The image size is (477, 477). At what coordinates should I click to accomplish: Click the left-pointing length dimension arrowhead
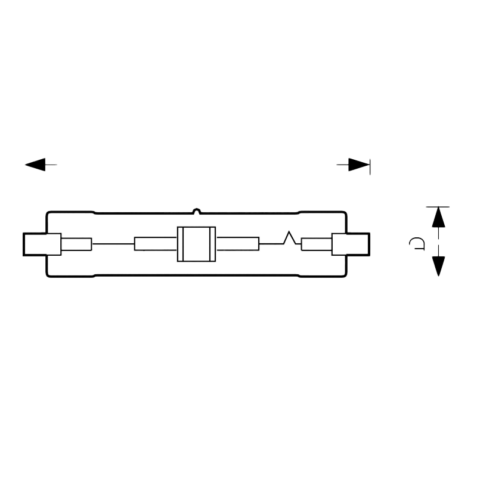point(35,165)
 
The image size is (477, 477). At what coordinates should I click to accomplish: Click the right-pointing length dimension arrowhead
point(359,165)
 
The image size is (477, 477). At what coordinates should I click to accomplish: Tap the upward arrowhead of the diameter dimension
point(438,217)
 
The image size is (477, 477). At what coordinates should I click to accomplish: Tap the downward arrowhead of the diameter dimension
point(438,266)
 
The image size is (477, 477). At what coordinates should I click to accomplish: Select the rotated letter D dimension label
point(417,243)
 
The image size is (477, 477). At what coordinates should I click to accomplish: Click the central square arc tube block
point(197,244)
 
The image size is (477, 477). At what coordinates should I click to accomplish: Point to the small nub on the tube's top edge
point(197,210)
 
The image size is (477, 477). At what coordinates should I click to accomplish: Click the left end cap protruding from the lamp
point(42,244)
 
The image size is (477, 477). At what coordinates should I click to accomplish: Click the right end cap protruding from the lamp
point(351,244)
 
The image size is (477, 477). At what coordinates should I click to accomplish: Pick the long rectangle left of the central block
point(156,244)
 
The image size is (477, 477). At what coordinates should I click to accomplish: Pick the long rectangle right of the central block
point(237,244)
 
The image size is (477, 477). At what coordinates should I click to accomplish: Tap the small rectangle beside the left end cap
point(76,244)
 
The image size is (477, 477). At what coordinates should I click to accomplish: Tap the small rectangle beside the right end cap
point(317,244)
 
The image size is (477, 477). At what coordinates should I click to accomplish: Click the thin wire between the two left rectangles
point(113,244)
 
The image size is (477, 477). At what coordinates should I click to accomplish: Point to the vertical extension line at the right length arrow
point(370,167)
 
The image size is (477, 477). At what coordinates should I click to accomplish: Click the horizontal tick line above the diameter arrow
point(438,207)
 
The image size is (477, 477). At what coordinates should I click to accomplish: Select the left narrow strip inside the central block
point(181,244)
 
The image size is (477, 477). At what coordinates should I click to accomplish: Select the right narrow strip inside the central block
point(213,244)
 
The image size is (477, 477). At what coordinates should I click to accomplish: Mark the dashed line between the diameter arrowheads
point(438,242)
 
